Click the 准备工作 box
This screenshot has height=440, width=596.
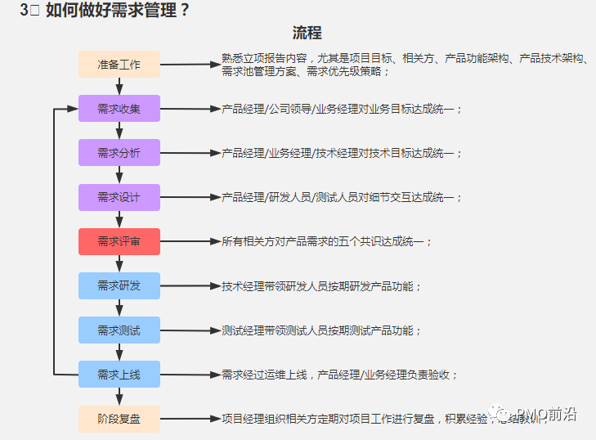(x=119, y=65)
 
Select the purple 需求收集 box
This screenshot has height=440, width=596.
(x=119, y=109)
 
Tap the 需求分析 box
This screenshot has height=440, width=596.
(x=119, y=153)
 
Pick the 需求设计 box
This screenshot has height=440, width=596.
(x=119, y=197)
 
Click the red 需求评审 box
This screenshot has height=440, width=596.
(x=119, y=241)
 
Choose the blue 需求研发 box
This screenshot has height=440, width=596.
(x=119, y=285)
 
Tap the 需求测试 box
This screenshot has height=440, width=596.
(x=119, y=330)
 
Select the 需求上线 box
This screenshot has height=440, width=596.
(x=119, y=375)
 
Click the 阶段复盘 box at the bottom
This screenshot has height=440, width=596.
(x=119, y=419)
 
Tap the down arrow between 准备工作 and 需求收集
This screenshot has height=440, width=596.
(x=119, y=87)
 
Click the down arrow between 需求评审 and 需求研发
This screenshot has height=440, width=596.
(x=119, y=263)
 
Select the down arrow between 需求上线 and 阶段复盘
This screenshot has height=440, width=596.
(x=119, y=397)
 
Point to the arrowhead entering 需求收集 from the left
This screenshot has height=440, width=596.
(x=73, y=109)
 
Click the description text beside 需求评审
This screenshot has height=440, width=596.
(x=328, y=241)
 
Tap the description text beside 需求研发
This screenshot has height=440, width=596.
(x=322, y=286)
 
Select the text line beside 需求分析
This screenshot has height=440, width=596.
(x=343, y=153)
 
